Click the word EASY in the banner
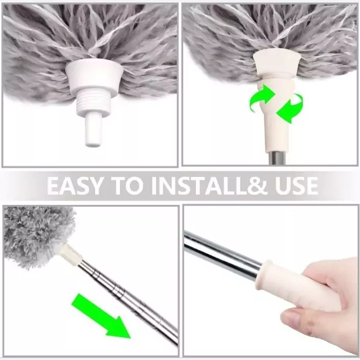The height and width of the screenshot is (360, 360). [x=74, y=186]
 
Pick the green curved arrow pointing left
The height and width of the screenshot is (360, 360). [x=290, y=108]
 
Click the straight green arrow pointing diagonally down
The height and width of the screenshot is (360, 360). [x=101, y=316]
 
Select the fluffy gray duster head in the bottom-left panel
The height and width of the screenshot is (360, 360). [x=38, y=236]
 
